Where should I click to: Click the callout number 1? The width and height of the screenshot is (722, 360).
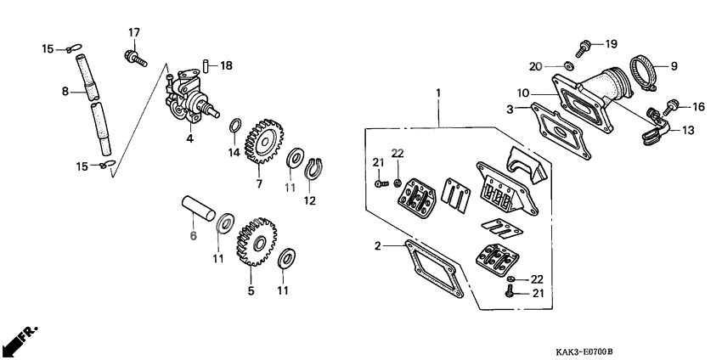click(x=438, y=92)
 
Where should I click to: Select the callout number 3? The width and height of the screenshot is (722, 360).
click(x=510, y=109)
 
